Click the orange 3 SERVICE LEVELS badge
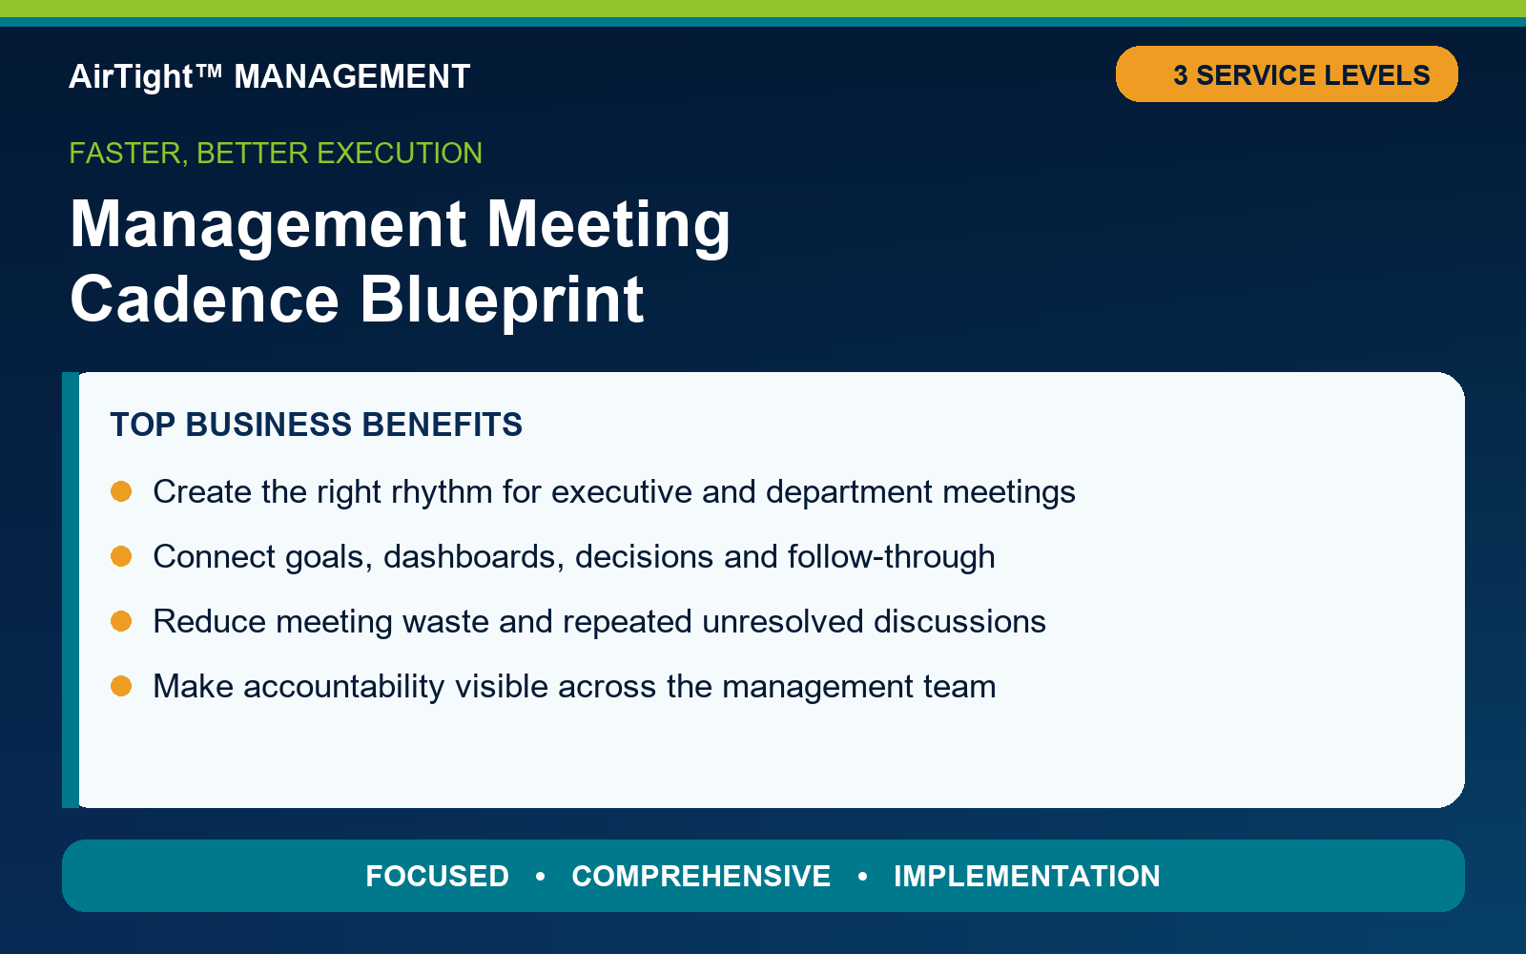1287,74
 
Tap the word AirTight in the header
131,77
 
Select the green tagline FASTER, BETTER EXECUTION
276,154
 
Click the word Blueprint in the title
502,300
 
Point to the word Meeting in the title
608,225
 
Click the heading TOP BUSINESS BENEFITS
316,425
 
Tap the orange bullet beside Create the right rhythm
121,491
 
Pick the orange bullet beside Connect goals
121,556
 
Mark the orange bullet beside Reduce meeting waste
121,621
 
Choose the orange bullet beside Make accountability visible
121,686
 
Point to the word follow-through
891,557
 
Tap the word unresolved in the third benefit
783,621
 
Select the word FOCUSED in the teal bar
438,877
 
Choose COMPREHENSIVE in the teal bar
701,877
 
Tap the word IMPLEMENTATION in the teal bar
1026,877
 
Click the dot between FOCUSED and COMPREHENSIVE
540,877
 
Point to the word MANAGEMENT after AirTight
352,77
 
